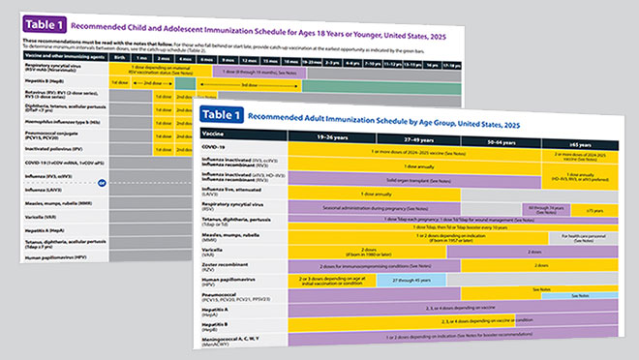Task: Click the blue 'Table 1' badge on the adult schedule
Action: (x=226, y=116)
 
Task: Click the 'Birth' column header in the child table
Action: (x=119, y=57)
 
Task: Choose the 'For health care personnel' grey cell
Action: (x=588, y=236)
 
